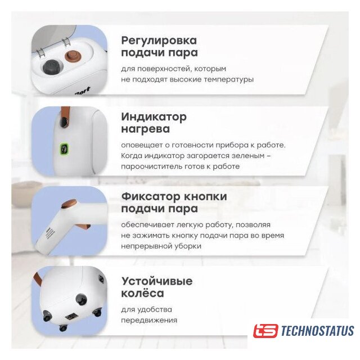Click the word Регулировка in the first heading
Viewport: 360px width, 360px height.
point(159,41)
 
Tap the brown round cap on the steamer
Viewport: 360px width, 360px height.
point(74,56)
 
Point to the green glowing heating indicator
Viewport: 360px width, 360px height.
point(64,149)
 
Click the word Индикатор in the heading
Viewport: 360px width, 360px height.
point(154,117)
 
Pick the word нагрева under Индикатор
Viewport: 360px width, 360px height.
point(146,129)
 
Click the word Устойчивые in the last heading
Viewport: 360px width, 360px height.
point(157,281)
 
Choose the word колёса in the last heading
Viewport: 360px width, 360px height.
point(142,293)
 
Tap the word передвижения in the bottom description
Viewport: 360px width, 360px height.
point(149,320)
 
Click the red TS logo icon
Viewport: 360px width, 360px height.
point(265,331)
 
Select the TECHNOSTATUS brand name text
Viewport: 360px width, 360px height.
point(317,331)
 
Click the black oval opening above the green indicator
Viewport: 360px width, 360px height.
point(64,121)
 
